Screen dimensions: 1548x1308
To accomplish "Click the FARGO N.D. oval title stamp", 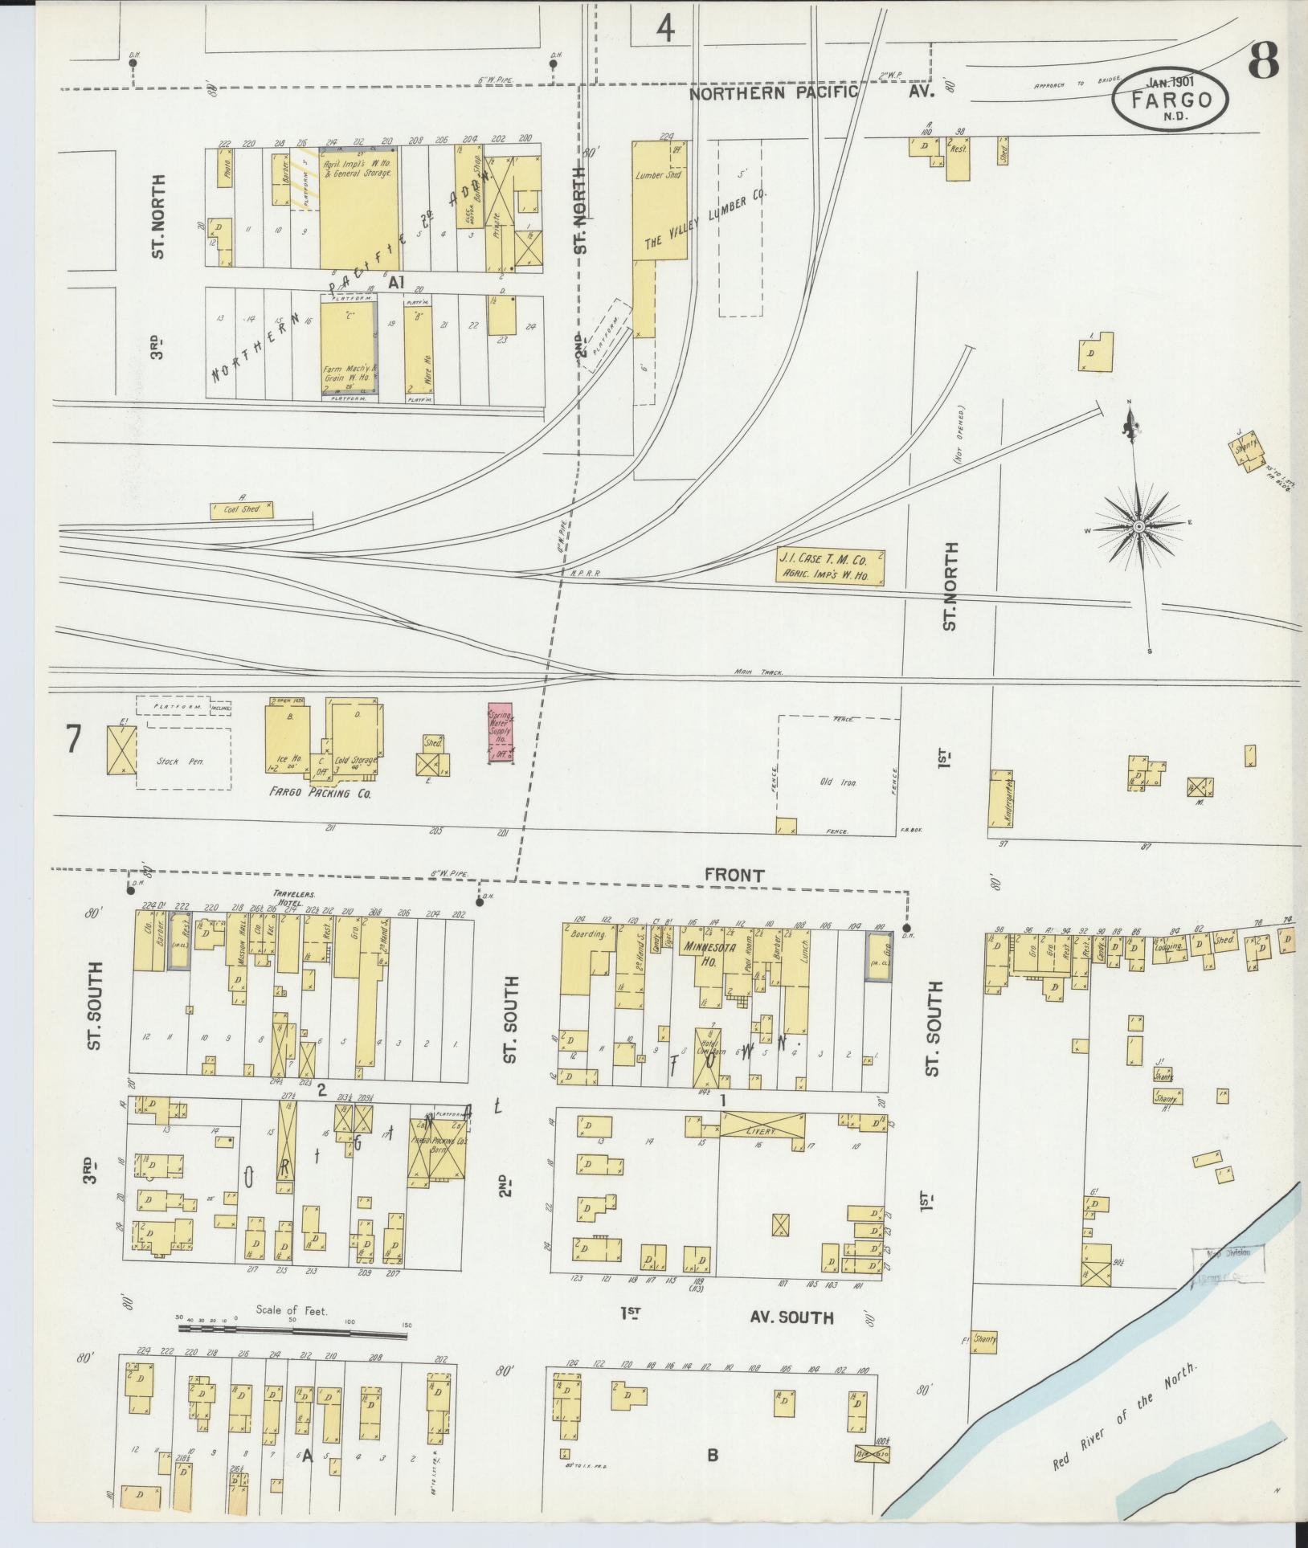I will [x=1171, y=100].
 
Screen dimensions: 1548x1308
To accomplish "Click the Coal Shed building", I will [x=241, y=509].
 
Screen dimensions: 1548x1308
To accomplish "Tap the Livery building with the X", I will [x=761, y=1124].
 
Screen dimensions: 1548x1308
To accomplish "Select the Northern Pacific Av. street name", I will [x=811, y=93].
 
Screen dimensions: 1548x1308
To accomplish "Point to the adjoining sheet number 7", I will [x=73, y=739].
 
